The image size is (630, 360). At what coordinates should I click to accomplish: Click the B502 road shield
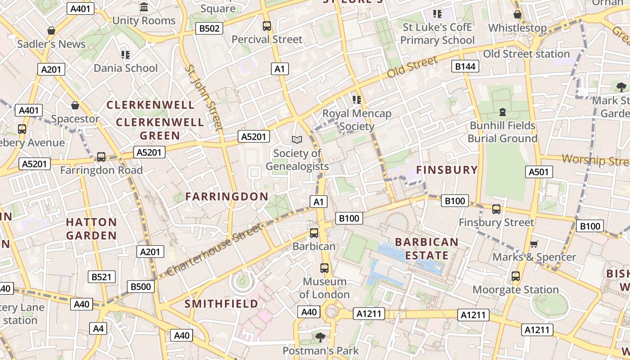209,29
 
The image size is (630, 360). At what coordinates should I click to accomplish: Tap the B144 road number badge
465,67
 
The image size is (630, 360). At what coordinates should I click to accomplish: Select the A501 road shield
539,171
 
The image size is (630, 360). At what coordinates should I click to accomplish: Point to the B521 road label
101,277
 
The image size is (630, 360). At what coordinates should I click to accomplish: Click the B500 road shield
141,286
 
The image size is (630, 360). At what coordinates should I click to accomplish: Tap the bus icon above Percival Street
267,26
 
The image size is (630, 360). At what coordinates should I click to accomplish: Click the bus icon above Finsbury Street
496,209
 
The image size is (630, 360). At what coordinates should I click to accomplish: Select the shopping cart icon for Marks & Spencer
534,244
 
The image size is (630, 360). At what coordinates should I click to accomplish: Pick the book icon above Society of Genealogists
297,140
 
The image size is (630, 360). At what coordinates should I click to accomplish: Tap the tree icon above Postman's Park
320,337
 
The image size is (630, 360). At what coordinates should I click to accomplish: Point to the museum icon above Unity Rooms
144,7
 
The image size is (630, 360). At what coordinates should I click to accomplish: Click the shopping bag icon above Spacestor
75,106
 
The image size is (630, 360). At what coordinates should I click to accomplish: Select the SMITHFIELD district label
221,304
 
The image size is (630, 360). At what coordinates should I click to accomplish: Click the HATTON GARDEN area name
91,229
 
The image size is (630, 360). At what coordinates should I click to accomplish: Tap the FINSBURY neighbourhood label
447,170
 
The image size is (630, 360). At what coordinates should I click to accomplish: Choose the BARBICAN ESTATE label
427,249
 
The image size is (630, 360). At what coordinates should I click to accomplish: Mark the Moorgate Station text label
516,289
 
